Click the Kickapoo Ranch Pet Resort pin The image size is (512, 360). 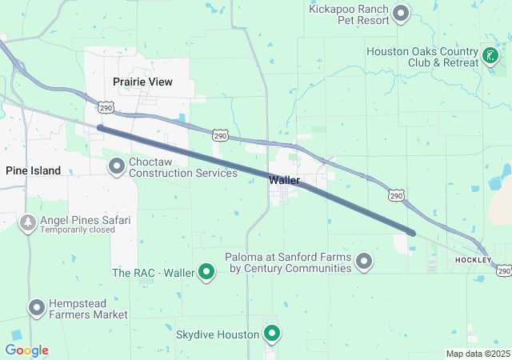pos(401,13)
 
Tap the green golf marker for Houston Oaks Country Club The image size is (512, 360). pos(490,56)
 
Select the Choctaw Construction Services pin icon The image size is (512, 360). pos(117,166)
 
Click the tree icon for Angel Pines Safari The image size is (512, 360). pos(27,222)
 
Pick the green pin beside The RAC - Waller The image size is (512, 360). pos(206,273)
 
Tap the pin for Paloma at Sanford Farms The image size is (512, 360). pos(364,262)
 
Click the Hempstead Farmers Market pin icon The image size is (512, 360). pos(37,307)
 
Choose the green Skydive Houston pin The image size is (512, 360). pos(272,334)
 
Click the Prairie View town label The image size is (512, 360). pos(142,82)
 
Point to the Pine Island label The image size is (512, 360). pos(33,170)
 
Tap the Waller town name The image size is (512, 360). pos(284,181)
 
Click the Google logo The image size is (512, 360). pos(26,350)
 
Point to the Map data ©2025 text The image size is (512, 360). pos(477,354)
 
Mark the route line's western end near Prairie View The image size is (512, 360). pos(100,127)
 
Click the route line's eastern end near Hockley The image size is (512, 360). pos(412,233)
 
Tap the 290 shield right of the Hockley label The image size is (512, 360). pos(503,272)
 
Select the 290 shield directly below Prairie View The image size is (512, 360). pos(106,107)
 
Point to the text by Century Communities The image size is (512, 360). pos(290,269)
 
